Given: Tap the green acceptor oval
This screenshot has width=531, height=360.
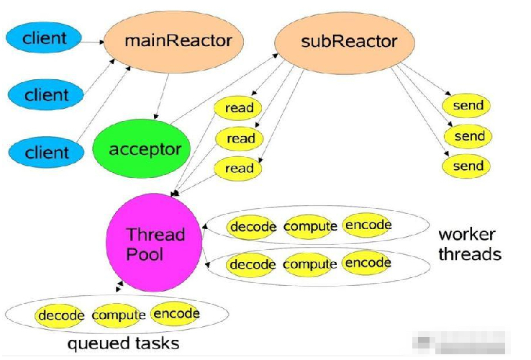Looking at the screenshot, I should click(x=145, y=150).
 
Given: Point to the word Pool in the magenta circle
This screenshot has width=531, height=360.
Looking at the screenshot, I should click(x=145, y=254).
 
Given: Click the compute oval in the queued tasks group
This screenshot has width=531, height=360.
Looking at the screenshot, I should click(x=119, y=315).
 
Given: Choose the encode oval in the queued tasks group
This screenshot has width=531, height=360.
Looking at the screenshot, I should click(x=176, y=314).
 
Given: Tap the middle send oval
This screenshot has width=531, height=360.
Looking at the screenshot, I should click(x=468, y=136).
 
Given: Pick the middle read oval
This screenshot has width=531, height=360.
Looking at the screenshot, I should click(x=240, y=138).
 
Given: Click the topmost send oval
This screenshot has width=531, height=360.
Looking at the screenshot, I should click(x=468, y=106).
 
